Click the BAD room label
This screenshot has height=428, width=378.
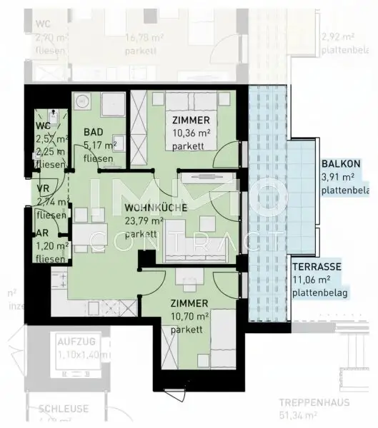coord(92,132)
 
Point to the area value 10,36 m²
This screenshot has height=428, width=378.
coord(191,133)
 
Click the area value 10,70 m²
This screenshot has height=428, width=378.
coord(191,316)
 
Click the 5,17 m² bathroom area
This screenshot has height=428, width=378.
coord(100,146)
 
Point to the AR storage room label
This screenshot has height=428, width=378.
coord(41,233)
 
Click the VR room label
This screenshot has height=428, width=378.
coord(42,189)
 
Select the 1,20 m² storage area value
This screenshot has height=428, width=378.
coord(52,245)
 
